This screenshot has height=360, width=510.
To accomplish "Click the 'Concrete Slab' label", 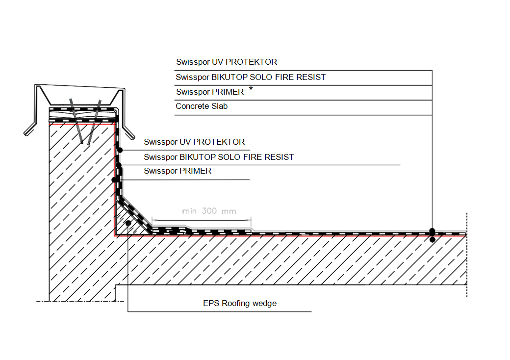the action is coord(202,106).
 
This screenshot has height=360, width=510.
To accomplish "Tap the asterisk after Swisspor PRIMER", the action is coord(251,89).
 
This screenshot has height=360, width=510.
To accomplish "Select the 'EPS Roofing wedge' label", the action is coord(240,304).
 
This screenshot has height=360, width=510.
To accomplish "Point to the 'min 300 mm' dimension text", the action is coord(209,211).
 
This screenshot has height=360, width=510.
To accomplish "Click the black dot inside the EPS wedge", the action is coord(128,223).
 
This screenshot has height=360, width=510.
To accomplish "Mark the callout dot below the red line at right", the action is coord(432,240).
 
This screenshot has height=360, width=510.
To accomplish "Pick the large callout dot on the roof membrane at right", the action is coord(432,231).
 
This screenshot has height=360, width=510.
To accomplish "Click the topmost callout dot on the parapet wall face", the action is coord(120,150).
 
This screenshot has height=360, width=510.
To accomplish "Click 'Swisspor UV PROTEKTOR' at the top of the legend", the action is coord(227,62).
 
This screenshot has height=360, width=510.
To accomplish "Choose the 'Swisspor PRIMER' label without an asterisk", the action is coord(178,171).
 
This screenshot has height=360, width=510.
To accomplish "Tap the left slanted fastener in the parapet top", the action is coord(76,121).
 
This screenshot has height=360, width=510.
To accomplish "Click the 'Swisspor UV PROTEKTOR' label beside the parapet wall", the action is coord(194,142).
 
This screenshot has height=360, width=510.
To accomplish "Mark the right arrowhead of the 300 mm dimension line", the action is coord(249,221).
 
